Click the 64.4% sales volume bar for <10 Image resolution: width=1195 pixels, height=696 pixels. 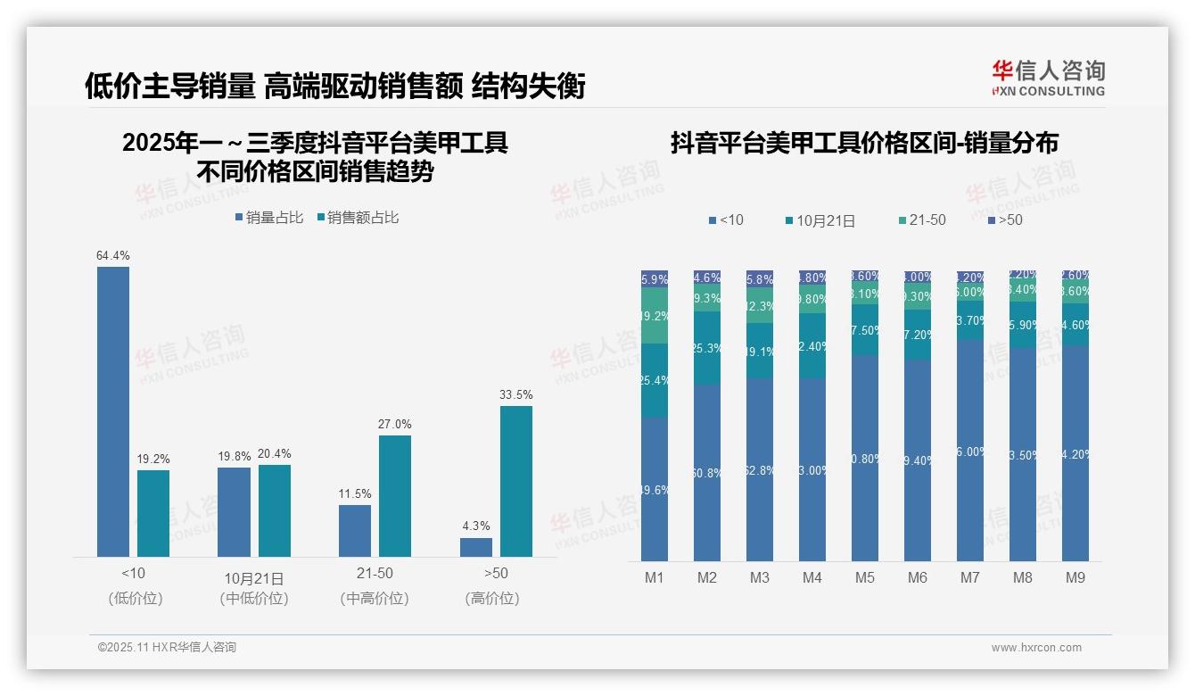tap(113, 411)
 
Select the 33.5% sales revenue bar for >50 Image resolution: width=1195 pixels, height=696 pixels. tap(515, 481)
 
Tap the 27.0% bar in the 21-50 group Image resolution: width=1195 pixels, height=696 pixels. tap(395, 495)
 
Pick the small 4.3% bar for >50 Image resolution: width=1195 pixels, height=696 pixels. tap(476, 547)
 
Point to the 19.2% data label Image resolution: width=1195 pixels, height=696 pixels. tap(153, 459)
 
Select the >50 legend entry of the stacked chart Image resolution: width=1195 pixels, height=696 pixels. tap(1004, 220)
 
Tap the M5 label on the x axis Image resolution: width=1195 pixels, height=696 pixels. tap(865, 577)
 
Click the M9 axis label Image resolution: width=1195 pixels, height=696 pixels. tap(1075, 577)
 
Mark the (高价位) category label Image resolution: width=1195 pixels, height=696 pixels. tap(492, 599)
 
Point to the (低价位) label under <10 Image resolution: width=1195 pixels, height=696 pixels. tap(136, 599)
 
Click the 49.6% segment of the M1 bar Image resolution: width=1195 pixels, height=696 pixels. tap(655, 489)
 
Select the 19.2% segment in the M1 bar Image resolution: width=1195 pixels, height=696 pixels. tap(655, 316)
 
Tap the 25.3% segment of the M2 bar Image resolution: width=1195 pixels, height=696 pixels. tap(707, 348)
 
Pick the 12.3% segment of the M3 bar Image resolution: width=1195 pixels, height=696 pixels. tap(760, 305)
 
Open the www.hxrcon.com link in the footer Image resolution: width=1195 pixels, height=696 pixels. tap(1036, 648)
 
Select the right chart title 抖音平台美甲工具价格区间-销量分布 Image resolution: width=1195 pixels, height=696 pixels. tap(864, 144)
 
